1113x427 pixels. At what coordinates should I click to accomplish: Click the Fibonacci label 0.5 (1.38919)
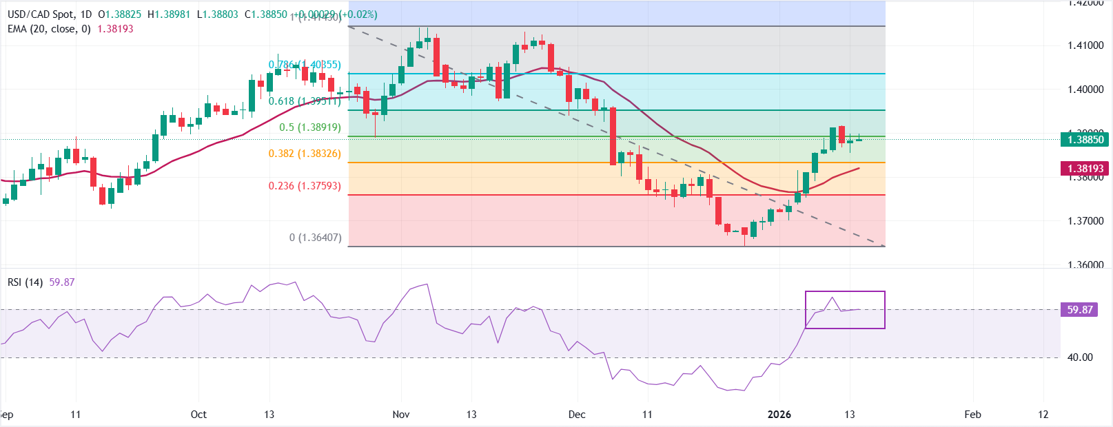pyautogui.click(x=309, y=127)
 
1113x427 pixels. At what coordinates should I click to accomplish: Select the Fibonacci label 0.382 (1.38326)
pyautogui.click(x=305, y=154)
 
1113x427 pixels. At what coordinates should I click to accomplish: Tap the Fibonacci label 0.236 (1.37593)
pyautogui.click(x=305, y=186)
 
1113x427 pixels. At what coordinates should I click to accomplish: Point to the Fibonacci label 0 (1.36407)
pyautogui.click(x=315, y=238)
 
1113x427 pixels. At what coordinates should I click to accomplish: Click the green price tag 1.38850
pyautogui.click(x=1085, y=140)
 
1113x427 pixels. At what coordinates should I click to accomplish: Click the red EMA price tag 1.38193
pyautogui.click(x=1085, y=169)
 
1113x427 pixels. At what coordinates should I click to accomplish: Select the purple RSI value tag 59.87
pyautogui.click(x=1080, y=310)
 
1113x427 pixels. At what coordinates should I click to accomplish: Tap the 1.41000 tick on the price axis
pyautogui.click(x=1085, y=45)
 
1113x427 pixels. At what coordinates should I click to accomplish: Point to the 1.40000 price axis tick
pyautogui.click(x=1085, y=90)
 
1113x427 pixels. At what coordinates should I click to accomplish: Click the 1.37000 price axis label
pyautogui.click(x=1085, y=221)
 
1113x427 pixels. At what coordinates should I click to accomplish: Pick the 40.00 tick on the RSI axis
pyautogui.click(x=1080, y=357)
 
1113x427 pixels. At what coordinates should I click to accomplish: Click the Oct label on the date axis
pyautogui.click(x=198, y=415)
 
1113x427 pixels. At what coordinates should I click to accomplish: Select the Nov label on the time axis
pyautogui.click(x=401, y=415)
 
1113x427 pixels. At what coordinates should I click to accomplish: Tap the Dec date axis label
pyautogui.click(x=577, y=415)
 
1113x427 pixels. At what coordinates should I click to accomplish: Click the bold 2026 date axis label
pyautogui.click(x=779, y=415)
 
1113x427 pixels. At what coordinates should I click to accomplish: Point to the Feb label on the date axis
pyautogui.click(x=972, y=415)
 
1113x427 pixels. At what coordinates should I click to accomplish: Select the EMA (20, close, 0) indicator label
pyautogui.click(x=49, y=29)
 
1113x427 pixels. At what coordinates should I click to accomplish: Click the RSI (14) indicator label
pyautogui.click(x=25, y=282)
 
